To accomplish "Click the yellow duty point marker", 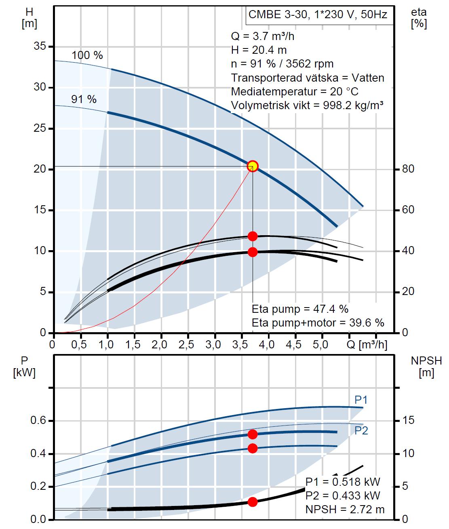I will (253, 166).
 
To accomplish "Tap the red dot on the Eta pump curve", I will (253, 236).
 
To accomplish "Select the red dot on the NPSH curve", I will (253, 502).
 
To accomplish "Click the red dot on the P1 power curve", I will (253, 434).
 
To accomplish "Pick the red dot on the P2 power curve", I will (253, 448).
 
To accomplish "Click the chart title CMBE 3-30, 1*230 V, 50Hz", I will (318, 15).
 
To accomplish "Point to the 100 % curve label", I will (87, 55).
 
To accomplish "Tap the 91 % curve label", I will (84, 99).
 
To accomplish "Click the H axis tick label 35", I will (40, 47).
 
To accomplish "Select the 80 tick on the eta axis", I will (408, 169).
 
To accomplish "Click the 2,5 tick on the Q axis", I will (186, 345).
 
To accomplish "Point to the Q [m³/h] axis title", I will (367, 345).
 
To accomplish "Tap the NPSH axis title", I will (426, 366).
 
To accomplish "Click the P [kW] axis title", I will (24, 366).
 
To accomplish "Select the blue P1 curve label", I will (361, 400).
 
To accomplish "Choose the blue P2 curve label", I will (361, 431).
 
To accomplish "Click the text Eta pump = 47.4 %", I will (300, 310).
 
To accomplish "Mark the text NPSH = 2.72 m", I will (345, 509).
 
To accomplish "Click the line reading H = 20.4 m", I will (259, 50).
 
